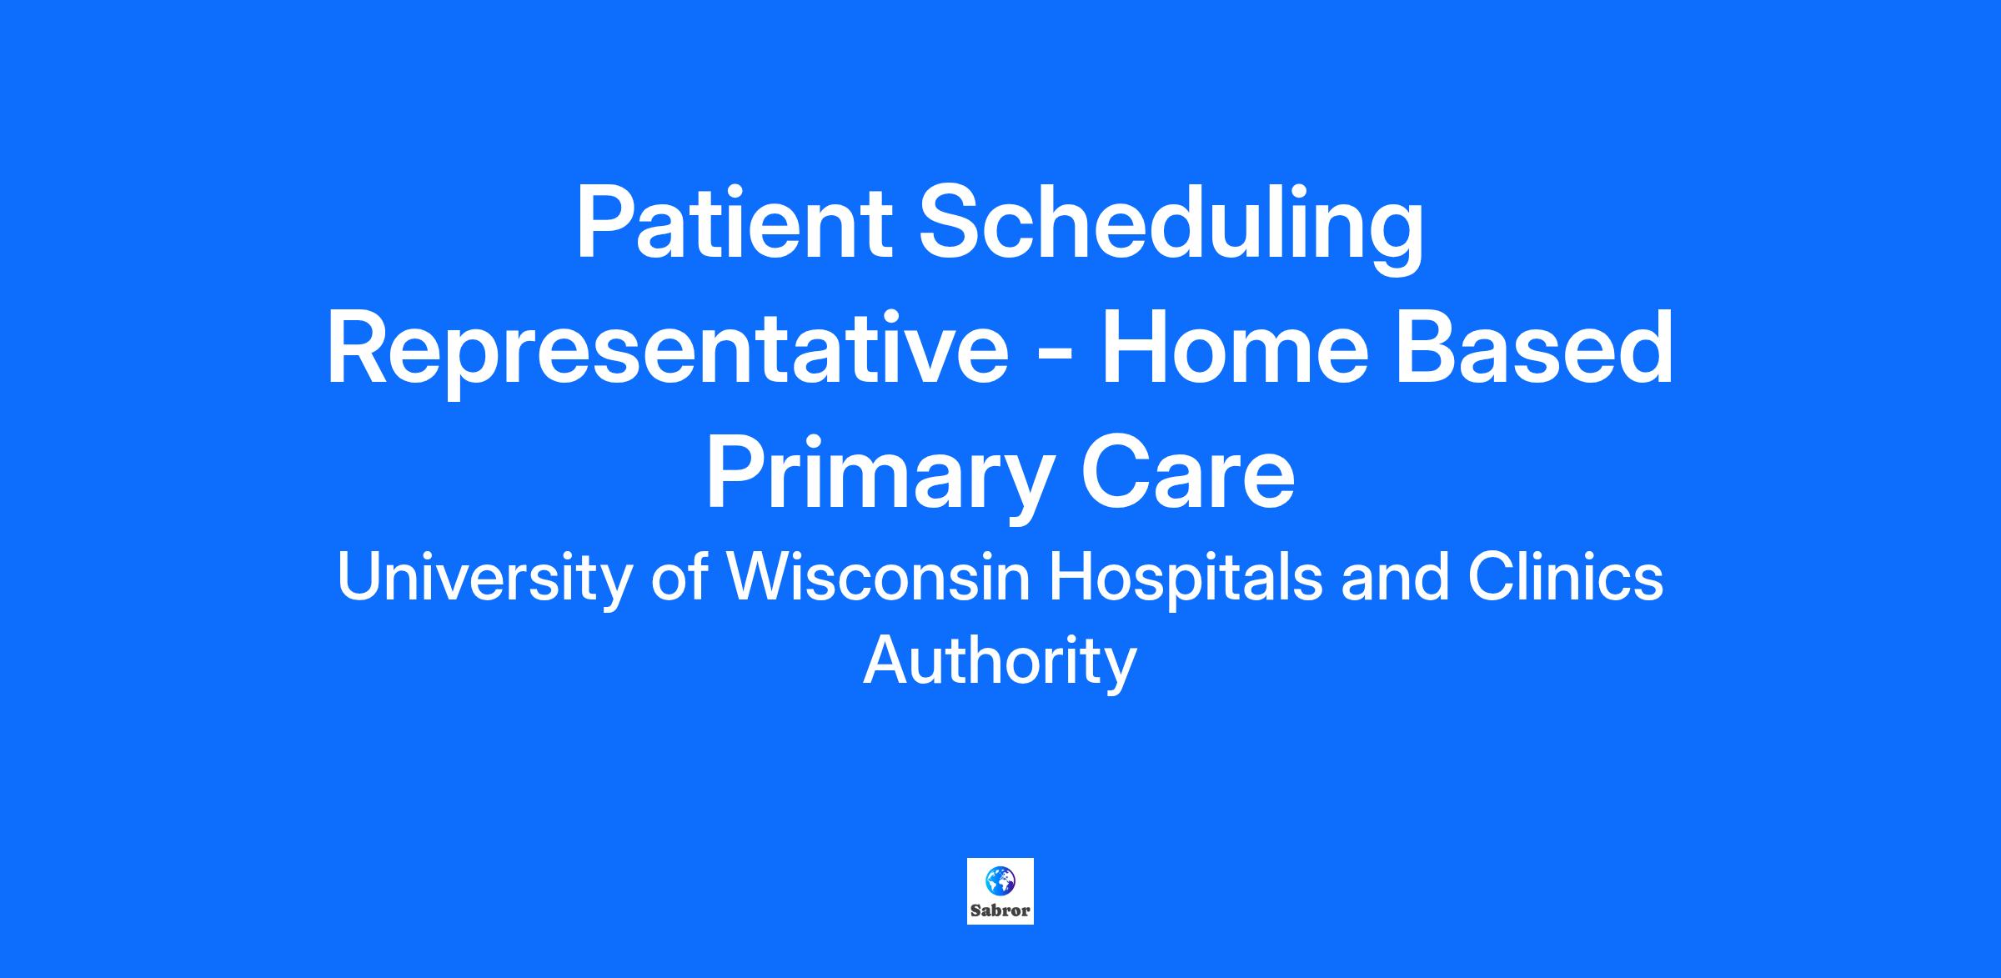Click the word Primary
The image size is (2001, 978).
pos(880,479)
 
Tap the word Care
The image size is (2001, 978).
pos(1187,472)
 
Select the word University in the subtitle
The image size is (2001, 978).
pos(484,579)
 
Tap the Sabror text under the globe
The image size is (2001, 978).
pos(1000,910)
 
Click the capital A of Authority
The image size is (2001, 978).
pos(887,660)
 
